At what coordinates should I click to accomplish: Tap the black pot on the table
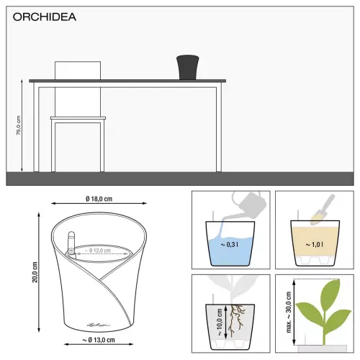(x=187, y=67)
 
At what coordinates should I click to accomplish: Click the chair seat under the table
(x=78, y=117)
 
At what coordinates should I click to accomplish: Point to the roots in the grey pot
(x=234, y=320)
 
